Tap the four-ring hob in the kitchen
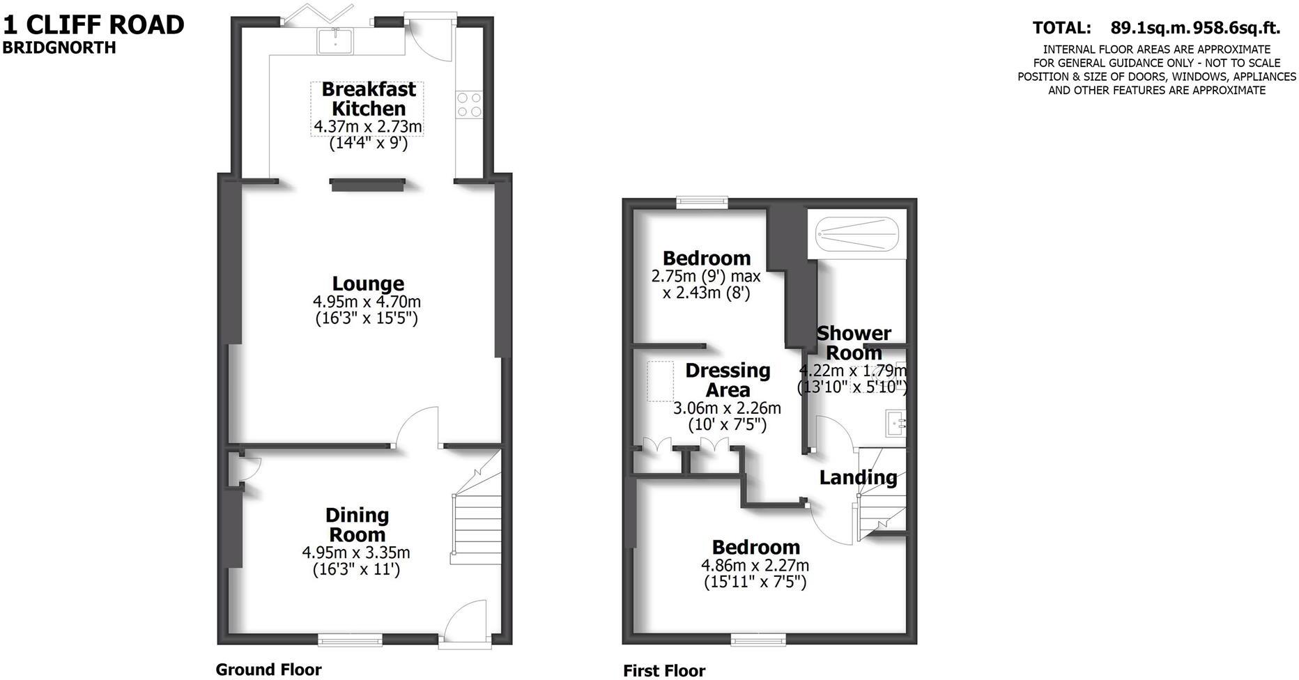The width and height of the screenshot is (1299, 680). (469, 104)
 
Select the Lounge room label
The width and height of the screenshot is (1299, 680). (368, 284)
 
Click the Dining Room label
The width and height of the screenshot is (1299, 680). (357, 525)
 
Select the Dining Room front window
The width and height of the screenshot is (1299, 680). (350, 639)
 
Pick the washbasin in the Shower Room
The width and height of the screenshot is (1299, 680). (895, 422)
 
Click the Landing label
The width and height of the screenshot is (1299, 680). (858, 477)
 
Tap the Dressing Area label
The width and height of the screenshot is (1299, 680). (728, 380)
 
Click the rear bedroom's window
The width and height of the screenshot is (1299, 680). (702, 202)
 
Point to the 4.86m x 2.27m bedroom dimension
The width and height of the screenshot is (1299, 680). (755, 565)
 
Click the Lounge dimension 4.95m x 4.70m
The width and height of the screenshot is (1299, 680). (367, 302)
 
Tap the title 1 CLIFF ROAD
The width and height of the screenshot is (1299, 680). (94, 25)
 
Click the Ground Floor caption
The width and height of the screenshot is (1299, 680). (268, 670)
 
